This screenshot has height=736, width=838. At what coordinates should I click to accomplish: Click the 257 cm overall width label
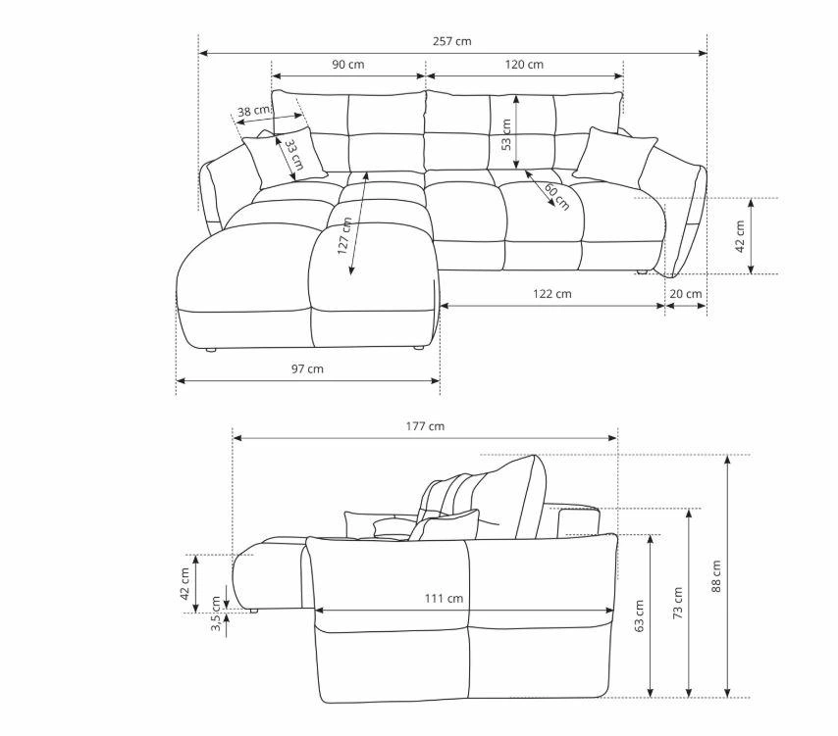point(452,41)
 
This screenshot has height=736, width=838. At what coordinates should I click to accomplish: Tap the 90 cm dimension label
point(348,65)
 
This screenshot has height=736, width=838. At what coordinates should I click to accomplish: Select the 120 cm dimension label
point(524,65)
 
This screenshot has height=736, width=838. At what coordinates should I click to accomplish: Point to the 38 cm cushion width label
point(254,111)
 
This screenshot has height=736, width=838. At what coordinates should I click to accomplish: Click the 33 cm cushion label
point(293,155)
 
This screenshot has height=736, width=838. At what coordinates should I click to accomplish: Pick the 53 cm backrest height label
point(506,134)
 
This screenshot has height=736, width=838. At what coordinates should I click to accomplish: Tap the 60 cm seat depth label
point(557,196)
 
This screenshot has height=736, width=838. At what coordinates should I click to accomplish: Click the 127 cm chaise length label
point(344,236)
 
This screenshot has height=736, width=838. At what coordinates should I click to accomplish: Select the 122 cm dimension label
point(552,294)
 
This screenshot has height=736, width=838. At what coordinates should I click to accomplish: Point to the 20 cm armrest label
point(686,294)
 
